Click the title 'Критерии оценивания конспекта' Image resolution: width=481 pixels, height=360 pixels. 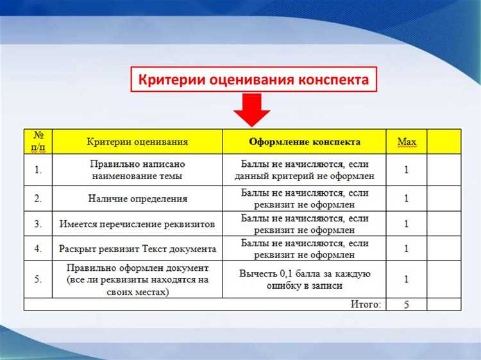(x=254, y=81)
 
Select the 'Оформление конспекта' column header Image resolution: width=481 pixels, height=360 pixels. (x=305, y=141)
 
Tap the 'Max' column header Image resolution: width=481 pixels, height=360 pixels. (x=407, y=141)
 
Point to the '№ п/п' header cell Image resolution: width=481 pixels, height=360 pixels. (x=38, y=141)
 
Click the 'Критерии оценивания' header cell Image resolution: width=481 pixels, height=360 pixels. (x=138, y=141)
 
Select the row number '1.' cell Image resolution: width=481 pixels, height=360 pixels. (x=38, y=169)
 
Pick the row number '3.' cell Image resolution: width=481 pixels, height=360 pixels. (x=38, y=224)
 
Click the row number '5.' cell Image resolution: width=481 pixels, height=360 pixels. (x=38, y=279)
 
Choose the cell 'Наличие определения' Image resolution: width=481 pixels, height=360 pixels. (x=138, y=198)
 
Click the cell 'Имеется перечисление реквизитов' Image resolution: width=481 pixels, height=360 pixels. (x=138, y=224)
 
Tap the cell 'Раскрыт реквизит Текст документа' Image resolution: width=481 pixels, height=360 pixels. (x=138, y=248)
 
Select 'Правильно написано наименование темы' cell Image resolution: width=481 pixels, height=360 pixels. (x=138, y=169)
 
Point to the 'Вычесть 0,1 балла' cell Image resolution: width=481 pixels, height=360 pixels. (x=305, y=279)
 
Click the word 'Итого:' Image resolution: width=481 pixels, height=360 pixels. (x=365, y=304)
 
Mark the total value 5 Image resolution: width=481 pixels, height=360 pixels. (x=407, y=304)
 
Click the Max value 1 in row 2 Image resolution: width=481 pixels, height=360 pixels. (x=407, y=198)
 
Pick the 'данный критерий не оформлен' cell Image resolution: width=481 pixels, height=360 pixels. (x=305, y=169)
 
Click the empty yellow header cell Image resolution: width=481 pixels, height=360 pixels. (x=444, y=141)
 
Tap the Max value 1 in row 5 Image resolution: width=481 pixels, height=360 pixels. (x=407, y=279)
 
